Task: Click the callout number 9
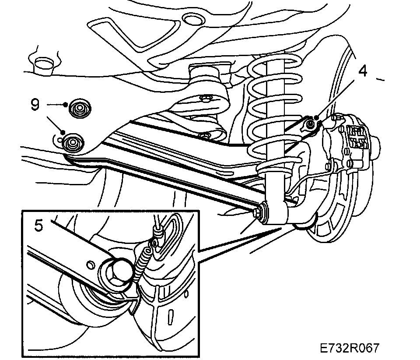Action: (x=35, y=104)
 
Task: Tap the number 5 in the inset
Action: (x=38, y=226)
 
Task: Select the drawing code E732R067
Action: (x=349, y=348)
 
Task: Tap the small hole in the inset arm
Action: (x=91, y=264)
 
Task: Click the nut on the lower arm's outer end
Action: (x=262, y=210)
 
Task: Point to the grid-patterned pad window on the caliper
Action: (x=355, y=136)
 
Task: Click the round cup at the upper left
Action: (x=42, y=64)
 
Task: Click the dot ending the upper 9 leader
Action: (x=65, y=104)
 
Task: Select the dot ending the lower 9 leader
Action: (x=63, y=132)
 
